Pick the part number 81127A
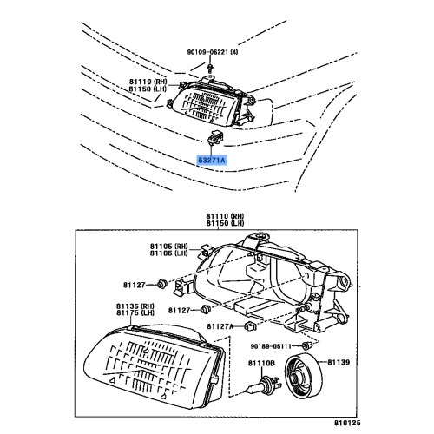[221, 326]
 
